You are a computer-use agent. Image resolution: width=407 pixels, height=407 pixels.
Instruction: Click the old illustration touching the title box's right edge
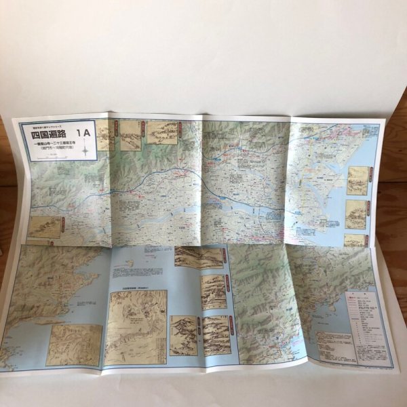pos(105,136)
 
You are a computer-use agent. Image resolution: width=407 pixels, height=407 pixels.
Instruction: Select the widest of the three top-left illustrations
pos(162,133)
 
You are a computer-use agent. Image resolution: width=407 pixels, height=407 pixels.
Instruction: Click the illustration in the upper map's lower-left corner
pos(45,227)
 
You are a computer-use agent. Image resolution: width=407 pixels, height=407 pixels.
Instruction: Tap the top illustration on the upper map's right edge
pos(357,180)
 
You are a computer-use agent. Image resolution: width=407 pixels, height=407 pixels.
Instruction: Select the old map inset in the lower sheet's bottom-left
pos(73,344)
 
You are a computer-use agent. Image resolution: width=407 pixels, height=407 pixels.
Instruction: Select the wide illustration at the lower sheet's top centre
pos(199,257)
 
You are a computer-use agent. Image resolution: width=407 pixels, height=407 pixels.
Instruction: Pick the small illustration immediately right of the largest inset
pos(183,335)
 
